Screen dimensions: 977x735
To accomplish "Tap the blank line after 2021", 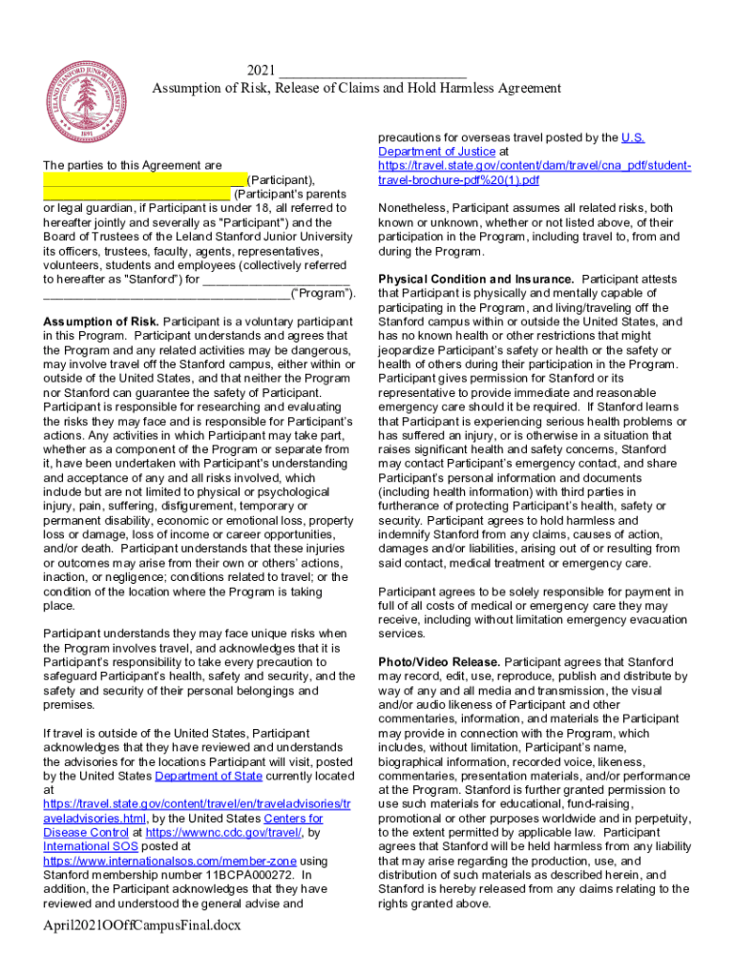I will coord(373,71).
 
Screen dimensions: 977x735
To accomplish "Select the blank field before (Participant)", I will coord(144,179).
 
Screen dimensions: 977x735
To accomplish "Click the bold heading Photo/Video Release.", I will coord(439,661).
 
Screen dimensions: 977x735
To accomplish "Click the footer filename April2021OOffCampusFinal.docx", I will coord(142,925).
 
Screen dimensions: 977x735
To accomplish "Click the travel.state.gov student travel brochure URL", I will coord(535,173).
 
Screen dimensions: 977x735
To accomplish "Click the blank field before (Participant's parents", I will coord(136,194).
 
